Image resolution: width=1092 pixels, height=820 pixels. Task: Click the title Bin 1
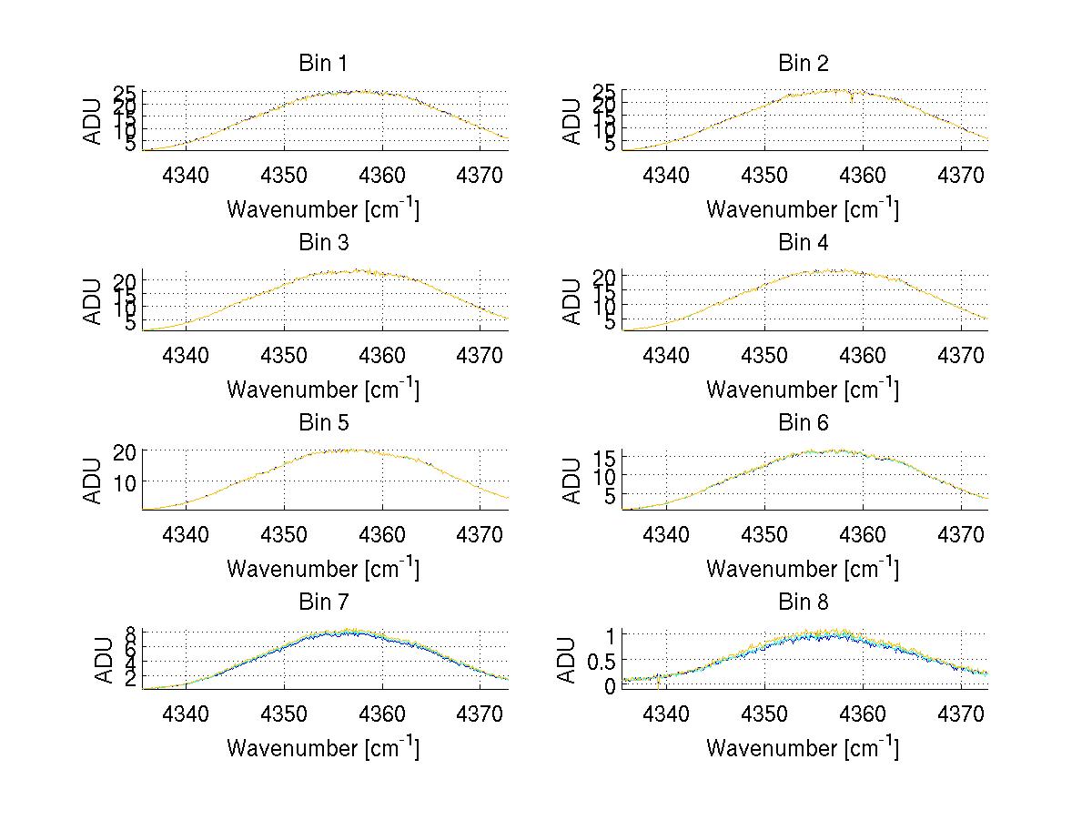click(x=323, y=64)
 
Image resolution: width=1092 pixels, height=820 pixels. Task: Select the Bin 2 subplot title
click(x=803, y=64)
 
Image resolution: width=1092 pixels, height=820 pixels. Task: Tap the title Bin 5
click(x=323, y=423)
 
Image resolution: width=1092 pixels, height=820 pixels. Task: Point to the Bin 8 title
click(x=803, y=602)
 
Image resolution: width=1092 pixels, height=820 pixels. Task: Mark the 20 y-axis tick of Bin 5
click(x=125, y=451)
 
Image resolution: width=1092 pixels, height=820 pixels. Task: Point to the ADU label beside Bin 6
click(x=572, y=481)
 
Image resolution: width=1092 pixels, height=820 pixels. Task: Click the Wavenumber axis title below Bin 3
click(x=323, y=389)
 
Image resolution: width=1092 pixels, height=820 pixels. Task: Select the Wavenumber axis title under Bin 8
click(x=803, y=748)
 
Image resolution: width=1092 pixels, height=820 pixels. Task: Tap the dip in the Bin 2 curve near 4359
click(x=852, y=97)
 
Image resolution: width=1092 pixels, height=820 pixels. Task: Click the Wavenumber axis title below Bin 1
click(x=323, y=209)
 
